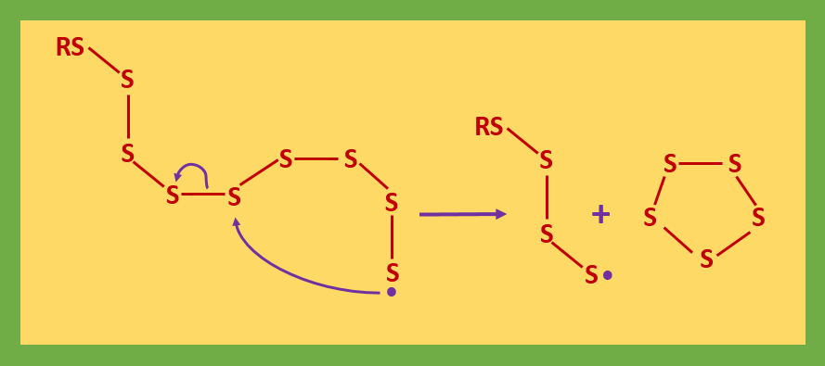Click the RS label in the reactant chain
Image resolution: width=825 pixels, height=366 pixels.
tap(71, 47)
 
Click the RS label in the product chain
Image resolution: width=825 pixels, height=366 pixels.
tap(489, 127)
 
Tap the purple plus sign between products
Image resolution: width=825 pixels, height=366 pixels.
tap(601, 215)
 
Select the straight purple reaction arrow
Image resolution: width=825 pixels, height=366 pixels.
tap(462, 214)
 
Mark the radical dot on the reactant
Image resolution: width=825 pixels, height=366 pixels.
tap(392, 292)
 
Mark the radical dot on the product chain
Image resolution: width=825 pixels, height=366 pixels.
tap(608, 275)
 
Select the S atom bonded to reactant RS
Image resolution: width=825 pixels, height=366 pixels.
tap(127, 80)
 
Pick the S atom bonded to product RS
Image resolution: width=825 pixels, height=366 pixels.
tap(547, 160)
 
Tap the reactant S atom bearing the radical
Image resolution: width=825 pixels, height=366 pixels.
tap(393, 272)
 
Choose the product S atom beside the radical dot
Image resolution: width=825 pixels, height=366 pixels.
tap(591, 274)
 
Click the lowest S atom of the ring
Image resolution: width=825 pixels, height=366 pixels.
tap(706, 259)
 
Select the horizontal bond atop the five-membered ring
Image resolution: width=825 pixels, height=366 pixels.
tap(703, 164)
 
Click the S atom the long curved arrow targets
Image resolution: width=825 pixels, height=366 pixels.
tap(234, 196)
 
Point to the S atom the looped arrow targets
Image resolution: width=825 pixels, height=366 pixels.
tap(173, 195)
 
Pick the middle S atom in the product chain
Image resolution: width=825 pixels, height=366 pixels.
tap(547, 233)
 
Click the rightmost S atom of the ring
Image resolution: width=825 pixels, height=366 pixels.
tap(758, 218)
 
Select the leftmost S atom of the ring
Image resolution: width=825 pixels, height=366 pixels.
tap(650, 218)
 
